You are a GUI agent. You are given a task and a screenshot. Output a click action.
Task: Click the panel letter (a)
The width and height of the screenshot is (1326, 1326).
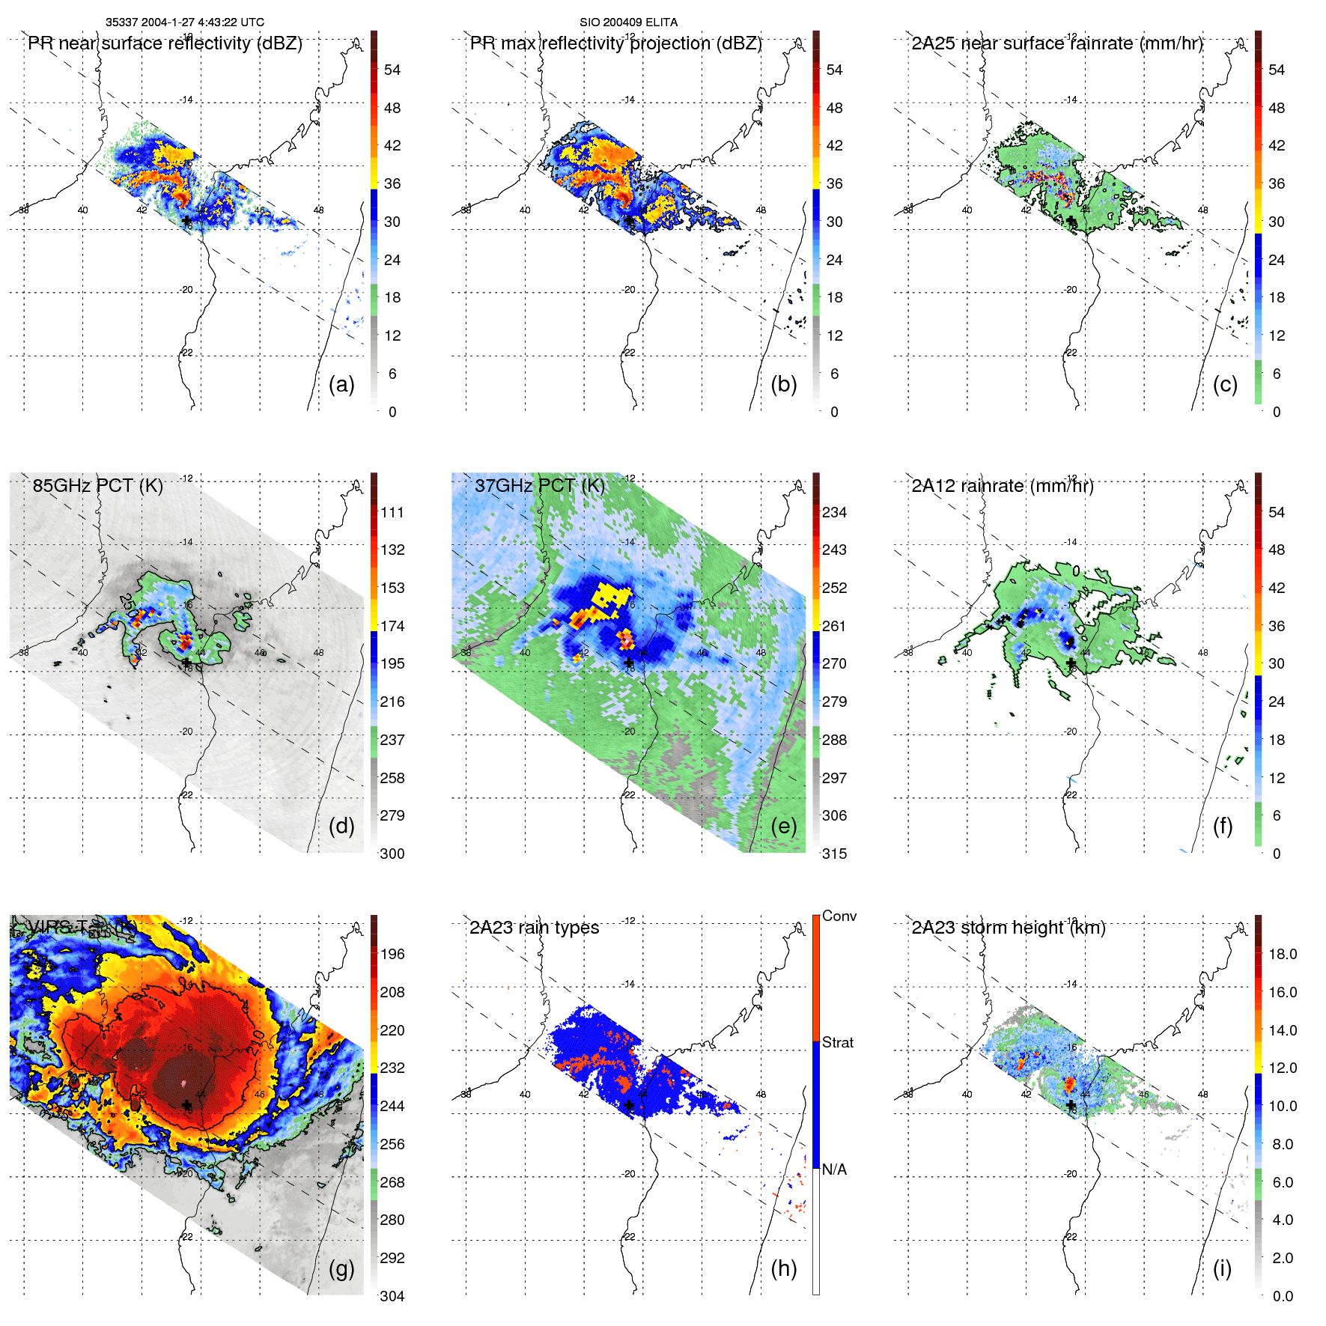tap(341, 384)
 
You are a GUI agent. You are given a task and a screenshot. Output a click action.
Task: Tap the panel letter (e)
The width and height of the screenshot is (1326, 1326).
tap(783, 826)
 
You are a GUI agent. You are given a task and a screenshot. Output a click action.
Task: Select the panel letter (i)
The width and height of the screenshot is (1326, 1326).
tap(1222, 1268)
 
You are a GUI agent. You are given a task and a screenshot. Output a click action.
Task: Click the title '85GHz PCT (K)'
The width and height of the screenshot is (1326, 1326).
tap(97, 485)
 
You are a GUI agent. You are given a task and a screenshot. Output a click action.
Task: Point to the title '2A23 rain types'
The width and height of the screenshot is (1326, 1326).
tap(534, 928)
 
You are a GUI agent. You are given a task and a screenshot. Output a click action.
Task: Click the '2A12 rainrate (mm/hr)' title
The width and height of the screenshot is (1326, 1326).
tap(1002, 485)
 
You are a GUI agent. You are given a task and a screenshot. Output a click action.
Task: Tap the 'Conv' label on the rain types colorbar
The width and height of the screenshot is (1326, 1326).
tap(839, 916)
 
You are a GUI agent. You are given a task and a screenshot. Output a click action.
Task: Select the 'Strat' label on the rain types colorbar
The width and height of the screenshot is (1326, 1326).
tap(837, 1042)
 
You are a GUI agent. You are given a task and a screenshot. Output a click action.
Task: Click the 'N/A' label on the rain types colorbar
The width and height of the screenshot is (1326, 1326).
tap(834, 1170)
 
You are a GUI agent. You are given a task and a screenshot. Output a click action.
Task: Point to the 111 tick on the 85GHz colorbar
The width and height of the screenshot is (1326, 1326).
tap(392, 512)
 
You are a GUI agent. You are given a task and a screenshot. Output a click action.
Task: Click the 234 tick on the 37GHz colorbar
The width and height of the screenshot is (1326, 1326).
tap(834, 512)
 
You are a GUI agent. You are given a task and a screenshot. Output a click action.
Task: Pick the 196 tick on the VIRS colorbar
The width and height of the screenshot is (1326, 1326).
tap(392, 954)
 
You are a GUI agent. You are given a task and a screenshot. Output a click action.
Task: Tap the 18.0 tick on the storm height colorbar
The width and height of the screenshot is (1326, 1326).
tap(1282, 954)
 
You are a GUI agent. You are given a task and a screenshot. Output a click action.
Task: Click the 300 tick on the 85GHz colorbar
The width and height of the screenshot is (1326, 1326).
tap(392, 854)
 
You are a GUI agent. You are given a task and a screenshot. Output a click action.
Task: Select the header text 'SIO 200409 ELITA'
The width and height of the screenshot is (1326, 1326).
tap(628, 22)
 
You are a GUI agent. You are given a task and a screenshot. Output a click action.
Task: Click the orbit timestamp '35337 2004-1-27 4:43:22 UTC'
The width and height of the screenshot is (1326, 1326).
tap(184, 22)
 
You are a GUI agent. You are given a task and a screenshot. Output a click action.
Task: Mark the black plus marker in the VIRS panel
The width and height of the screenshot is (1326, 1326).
tap(186, 1105)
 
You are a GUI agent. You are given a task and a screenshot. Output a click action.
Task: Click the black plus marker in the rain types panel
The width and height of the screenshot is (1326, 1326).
tap(629, 1105)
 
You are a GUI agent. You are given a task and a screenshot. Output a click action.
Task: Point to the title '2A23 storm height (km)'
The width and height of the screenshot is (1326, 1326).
tap(1008, 928)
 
